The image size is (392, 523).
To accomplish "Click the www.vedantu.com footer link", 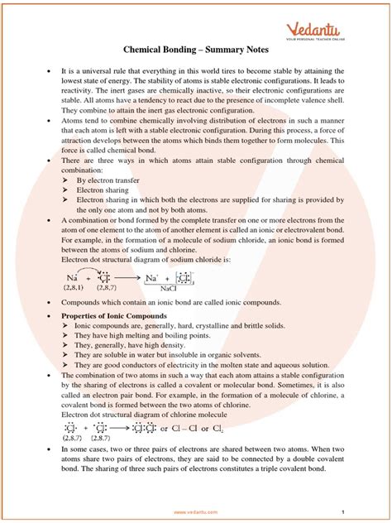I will pyautogui.click(x=196, y=511).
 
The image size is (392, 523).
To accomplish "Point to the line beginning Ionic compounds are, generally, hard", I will pyautogui.click(x=194, y=329).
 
